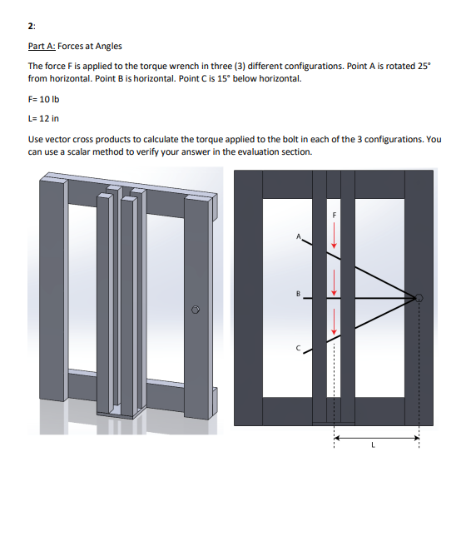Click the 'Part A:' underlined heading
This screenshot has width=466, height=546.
(x=42, y=46)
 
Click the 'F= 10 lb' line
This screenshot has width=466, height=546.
(x=43, y=99)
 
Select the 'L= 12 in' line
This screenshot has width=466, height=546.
(x=43, y=118)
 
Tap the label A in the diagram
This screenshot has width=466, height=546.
(x=298, y=236)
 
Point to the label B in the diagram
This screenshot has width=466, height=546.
(x=298, y=294)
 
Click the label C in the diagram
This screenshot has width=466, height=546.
(x=298, y=348)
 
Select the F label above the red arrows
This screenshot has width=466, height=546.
(x=334, y=216)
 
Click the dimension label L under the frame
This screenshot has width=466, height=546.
(x=373, y=444)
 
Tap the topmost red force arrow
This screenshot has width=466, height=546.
(x=334, y=235)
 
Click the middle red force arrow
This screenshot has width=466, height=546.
(x=334, y=282)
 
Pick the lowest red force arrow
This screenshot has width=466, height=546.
(x=334, y=321)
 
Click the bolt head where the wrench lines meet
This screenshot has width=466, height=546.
(x=419, y=298)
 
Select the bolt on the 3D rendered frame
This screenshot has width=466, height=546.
(x=196, y=310)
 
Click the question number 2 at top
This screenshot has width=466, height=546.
(x=31, y=26)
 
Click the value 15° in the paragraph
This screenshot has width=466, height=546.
(x=224, y=79)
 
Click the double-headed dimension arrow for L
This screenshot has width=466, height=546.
(x=377, y=438)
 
